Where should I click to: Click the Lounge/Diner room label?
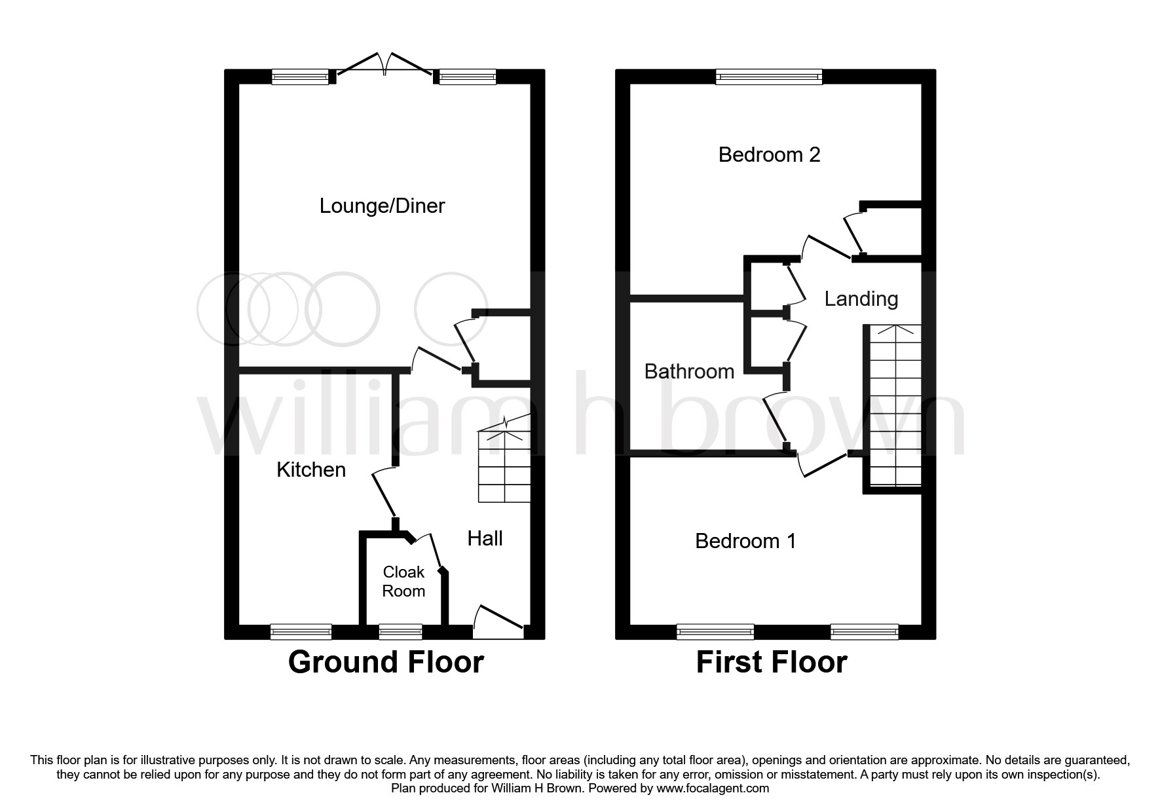pyautogui.click(x=382, y=206)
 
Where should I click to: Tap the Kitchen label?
pyautogui.click(x=311, y=470)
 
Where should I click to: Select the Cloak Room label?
pyautogui.click(x=403, y=581)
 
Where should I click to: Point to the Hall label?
pyautogui.click(x=485, y=538)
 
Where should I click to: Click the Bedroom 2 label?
pyautogui.click(x=769, y=155)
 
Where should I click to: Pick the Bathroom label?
pyautogui.click(x=689, y=371)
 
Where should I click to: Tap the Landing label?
pyautogui.click(x=861, y=299)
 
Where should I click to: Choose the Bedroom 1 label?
pyautogui.click(x=745, y=541)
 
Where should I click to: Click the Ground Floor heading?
pyautogui.click(x=386, y=662)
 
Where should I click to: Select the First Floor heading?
pyautogui.click(x=771, y=662)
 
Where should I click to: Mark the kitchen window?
pyautogui.click(x=301, y=631)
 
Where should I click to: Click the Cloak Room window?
pyautogui.click(x=400, y=631)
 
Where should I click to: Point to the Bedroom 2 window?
pyautogui.click(x=769, y=77)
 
